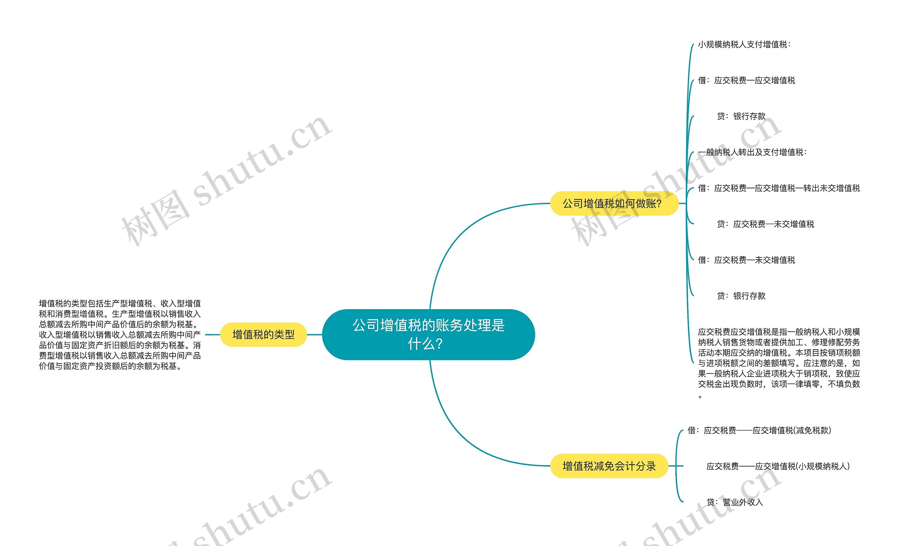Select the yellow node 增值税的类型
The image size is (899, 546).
(263, 334)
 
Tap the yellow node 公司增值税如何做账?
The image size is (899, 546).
(614, 203)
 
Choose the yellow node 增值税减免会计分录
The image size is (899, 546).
(609, 466)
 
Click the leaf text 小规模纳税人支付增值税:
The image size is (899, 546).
(744, 45)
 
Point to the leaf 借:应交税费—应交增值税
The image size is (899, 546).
(746, 80)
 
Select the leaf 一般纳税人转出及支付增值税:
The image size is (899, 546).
(752, 152)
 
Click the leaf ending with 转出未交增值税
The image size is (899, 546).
(779, 188)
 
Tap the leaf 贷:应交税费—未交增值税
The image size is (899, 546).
(765, 224)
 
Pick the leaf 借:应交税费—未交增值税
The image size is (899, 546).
(746, 260)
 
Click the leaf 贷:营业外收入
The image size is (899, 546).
(734, 502)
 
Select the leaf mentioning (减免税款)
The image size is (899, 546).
(759, 430)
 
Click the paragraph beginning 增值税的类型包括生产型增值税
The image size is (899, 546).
(120, 334)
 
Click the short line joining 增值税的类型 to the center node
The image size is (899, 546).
(314, 334)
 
